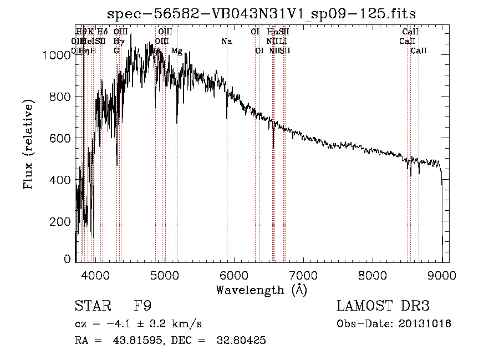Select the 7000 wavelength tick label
tap(303, 275)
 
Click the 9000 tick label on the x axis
tap(442, 275)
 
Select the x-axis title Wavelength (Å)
tap(261, 290)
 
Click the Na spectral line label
tap(226, 41)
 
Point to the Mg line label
tap(176, 51)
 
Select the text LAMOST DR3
tap(383, 306)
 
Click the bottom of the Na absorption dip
tap(227, 118)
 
